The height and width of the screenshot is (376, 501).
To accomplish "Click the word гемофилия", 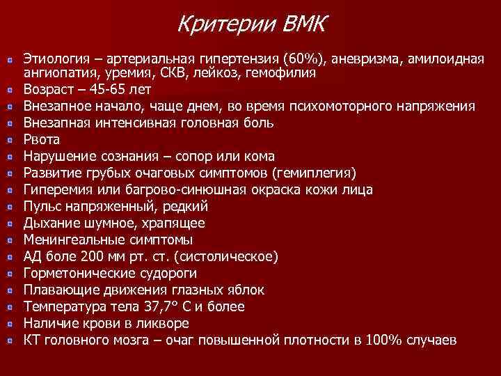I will (x=287, y=72).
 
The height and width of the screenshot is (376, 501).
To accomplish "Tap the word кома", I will (x=260, y=156).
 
